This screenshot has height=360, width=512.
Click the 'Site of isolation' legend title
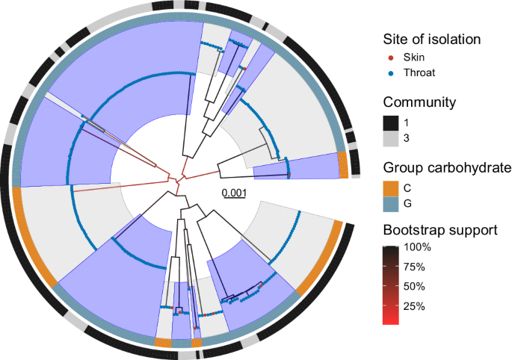[431, 38]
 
